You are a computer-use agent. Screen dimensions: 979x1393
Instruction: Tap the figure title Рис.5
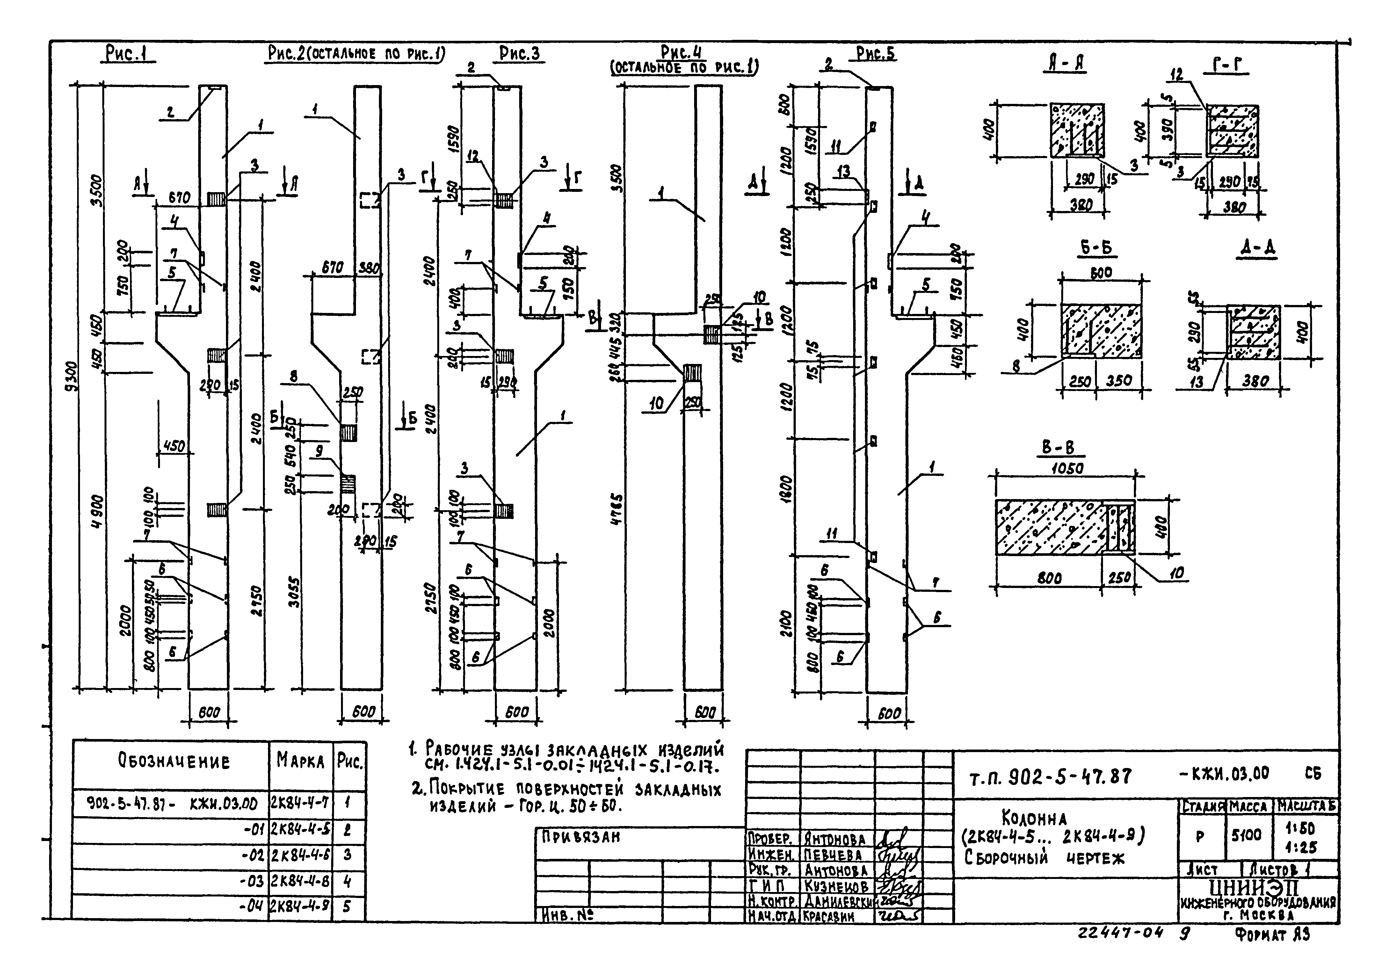pos(875,54)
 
